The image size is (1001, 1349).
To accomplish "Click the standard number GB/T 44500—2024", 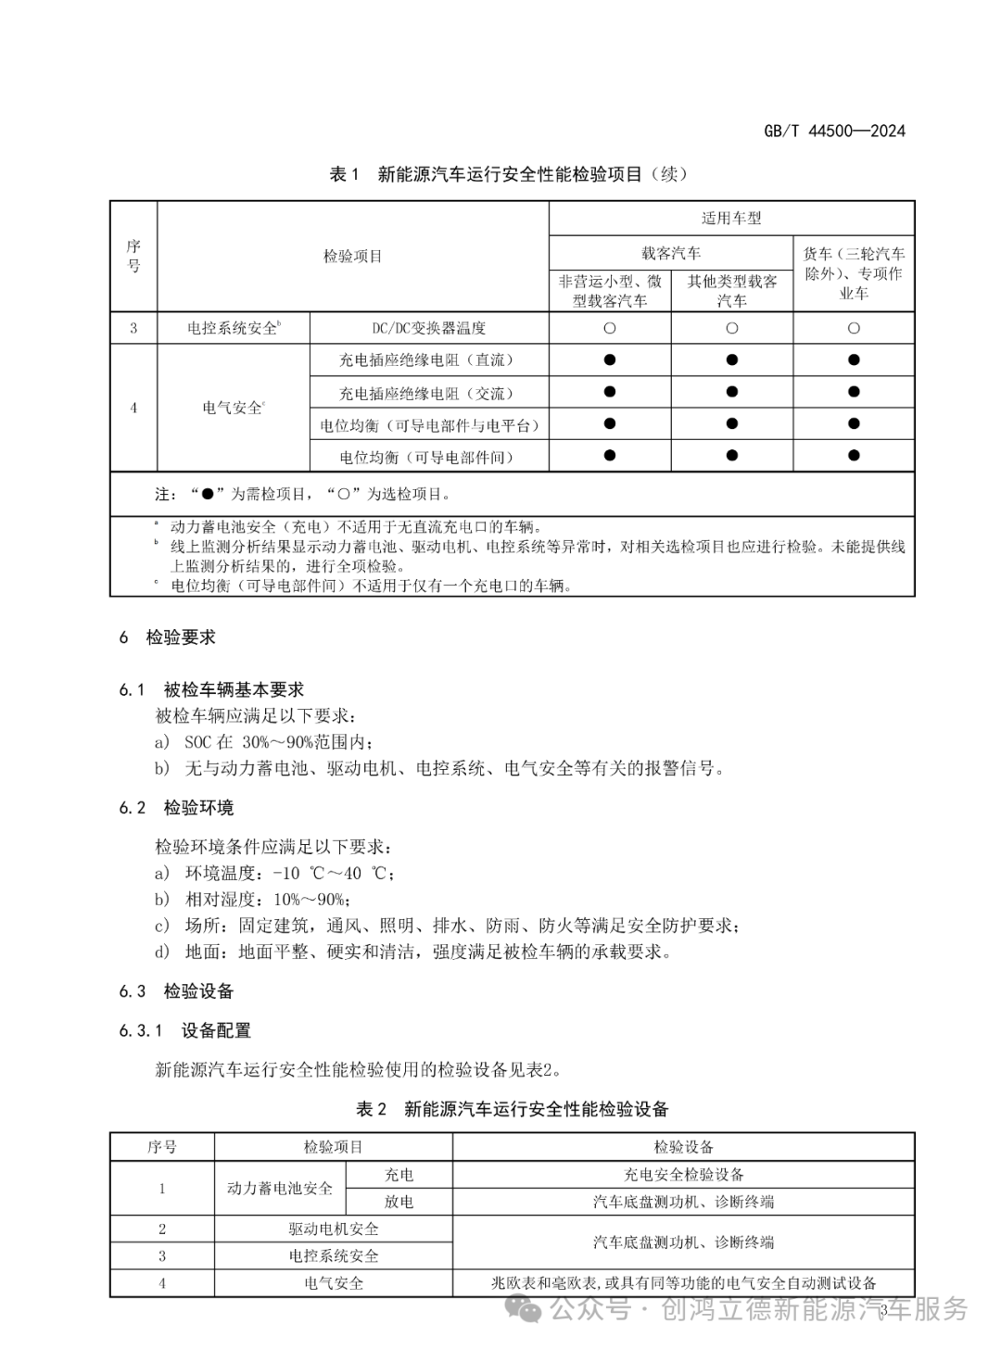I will [x=834, y=131].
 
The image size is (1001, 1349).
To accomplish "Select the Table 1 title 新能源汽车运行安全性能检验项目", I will [x=509, y=174].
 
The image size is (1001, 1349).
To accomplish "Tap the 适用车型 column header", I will [x=731, y=219].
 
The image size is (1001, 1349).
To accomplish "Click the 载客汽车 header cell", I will [x=671, y=253].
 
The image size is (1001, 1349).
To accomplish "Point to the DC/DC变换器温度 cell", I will [x=429, y=328].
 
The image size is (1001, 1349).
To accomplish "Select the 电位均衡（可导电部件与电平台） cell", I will [x=429, y=425].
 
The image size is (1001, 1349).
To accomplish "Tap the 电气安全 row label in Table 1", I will [x=234, y=408].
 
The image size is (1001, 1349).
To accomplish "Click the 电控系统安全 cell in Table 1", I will [x=234, y=328].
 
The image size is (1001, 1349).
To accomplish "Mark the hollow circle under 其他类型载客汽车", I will [x=731, y=328].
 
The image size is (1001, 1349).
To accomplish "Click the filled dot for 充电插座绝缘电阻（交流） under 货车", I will [x=854, y=392].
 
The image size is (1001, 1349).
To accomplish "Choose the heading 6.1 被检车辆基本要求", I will [x=211, y=689].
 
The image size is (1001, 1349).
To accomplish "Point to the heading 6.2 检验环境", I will [x=176, y=808].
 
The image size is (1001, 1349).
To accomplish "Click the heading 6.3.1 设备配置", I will [x=184, y=1030].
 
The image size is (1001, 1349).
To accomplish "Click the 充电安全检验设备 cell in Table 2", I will [x=683, y=1175].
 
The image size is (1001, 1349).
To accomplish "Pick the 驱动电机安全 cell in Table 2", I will [x=333, y=1229].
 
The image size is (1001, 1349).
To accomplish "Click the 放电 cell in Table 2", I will [x=399, y=1202].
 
